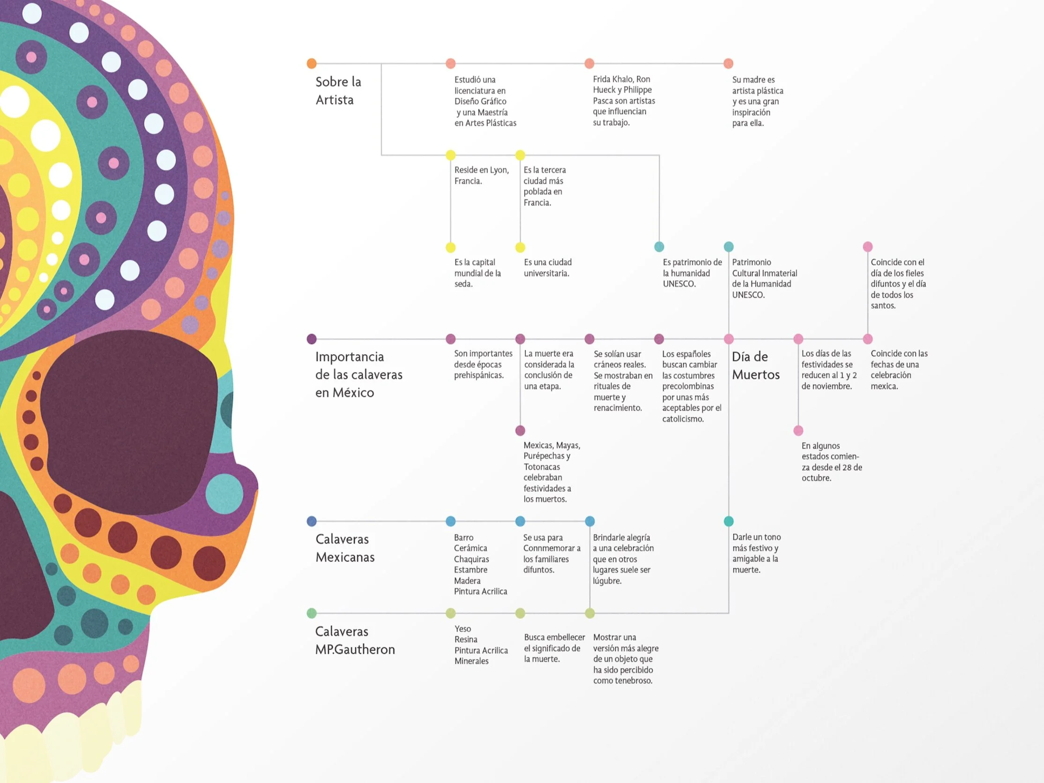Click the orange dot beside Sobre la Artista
coord(312,63)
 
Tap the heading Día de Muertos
coord(756,366)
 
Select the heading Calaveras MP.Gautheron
coord(354,641)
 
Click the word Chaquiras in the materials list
coord(471,559)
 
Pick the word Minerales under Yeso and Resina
coord(471,661)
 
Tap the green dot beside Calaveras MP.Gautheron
coord(312,613)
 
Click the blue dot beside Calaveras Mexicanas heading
coord(312,521)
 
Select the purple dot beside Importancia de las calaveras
coord(312,339)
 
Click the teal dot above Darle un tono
coord(729,521)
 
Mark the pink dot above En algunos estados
coord(798,431)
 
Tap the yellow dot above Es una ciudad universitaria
coord(520,247)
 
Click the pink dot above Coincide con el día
coord(867,246)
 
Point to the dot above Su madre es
coord(728,63)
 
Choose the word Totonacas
coord(541,467)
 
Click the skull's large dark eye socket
coord(127,415)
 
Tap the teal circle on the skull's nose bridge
coord(224,494)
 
